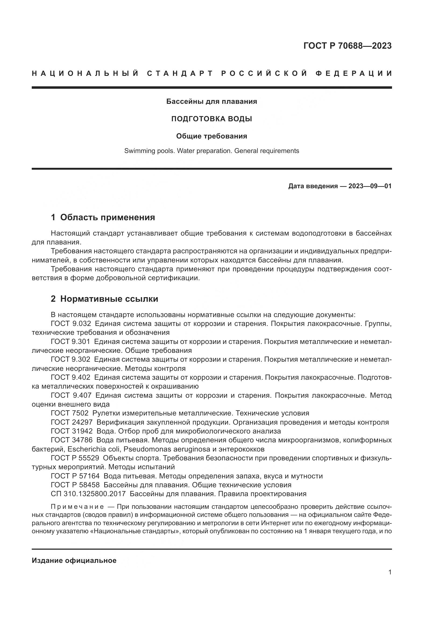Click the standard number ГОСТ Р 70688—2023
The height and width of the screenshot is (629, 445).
click(x=347, y=46)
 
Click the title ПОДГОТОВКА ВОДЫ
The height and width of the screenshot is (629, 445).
click(x=211, y=119)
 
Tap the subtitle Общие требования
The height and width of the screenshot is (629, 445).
click(x=211, y=136)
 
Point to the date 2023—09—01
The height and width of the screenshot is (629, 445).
click(x=370, y=186)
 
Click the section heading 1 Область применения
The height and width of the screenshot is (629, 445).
click(x=103, y=217)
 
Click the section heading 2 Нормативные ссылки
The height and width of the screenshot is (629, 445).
click(x=104, y=299)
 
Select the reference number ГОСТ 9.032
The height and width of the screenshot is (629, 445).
click(x=71, y=324)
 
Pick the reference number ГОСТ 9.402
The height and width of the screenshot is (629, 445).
click(x=70, y=377)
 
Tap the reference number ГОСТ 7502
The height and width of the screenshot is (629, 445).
click(x=70, y=413)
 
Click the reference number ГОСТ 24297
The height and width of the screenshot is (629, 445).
click(x=72, y=422)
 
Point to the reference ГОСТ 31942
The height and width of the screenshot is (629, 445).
click(x=72, y=431)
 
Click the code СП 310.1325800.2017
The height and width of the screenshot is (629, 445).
click(x=88, y=494)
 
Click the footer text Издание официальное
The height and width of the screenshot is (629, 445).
click(x=74, y=560)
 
